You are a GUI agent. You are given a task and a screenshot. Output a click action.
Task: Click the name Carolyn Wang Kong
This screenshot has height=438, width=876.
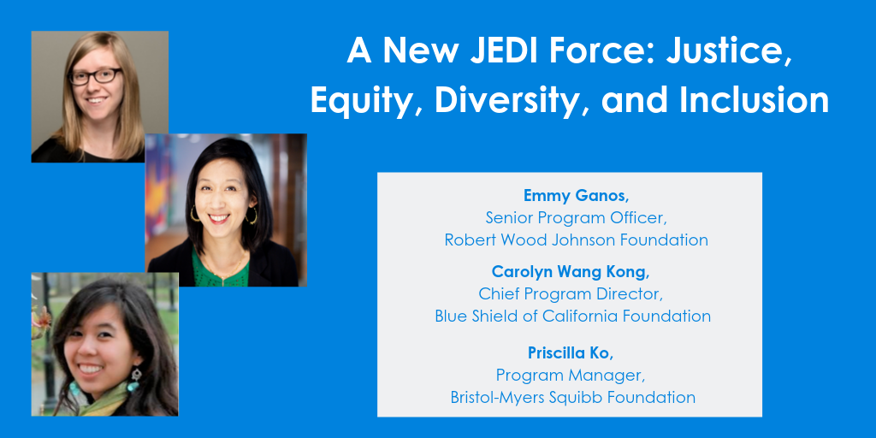[571, 272]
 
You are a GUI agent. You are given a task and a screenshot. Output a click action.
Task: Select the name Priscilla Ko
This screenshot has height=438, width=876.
[570, 353]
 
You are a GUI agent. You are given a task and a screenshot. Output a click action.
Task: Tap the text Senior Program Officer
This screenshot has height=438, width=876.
[576, 217]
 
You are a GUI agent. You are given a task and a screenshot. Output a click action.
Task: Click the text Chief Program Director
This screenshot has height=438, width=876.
[571, 293]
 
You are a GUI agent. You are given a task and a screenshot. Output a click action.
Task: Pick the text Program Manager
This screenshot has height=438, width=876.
[571, 376]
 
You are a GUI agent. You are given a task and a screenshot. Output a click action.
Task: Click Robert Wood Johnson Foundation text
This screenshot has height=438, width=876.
[576, 240]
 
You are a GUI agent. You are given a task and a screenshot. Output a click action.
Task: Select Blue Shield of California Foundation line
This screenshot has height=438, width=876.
[572, 316]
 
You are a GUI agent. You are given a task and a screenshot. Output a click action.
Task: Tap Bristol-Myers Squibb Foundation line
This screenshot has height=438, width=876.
[572, 397]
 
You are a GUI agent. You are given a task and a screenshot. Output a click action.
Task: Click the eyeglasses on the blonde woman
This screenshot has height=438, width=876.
[95, 76]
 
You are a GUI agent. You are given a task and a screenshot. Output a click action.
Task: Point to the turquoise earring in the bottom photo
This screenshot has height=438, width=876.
[134, 380]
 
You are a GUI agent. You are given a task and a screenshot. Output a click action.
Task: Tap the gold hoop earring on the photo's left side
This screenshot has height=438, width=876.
[195, 215]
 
